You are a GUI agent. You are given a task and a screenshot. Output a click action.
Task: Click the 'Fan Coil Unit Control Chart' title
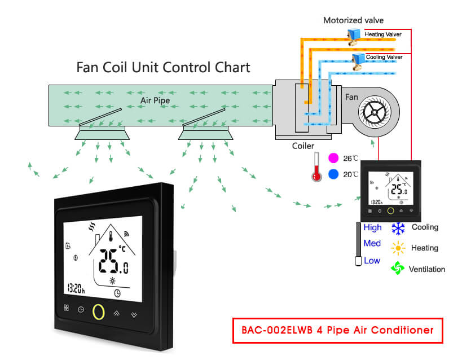163,68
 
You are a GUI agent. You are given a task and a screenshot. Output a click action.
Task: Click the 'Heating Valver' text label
383,35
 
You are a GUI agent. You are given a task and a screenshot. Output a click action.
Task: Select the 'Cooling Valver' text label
384,58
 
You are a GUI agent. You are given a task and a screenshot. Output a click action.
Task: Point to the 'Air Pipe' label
155,100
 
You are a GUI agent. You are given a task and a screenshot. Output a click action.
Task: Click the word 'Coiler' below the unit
303,146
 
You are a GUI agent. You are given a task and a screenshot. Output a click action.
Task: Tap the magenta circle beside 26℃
333,158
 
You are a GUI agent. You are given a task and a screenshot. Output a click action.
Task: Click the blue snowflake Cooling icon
399,228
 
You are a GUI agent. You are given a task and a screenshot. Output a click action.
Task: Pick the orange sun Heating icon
399,248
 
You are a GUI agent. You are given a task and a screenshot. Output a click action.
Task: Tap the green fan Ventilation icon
398,269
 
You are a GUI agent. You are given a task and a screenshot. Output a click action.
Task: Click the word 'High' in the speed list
372,228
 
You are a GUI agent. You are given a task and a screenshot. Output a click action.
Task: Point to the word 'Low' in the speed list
372,261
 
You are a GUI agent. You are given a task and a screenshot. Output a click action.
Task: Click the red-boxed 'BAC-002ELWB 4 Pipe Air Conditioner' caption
338,330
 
